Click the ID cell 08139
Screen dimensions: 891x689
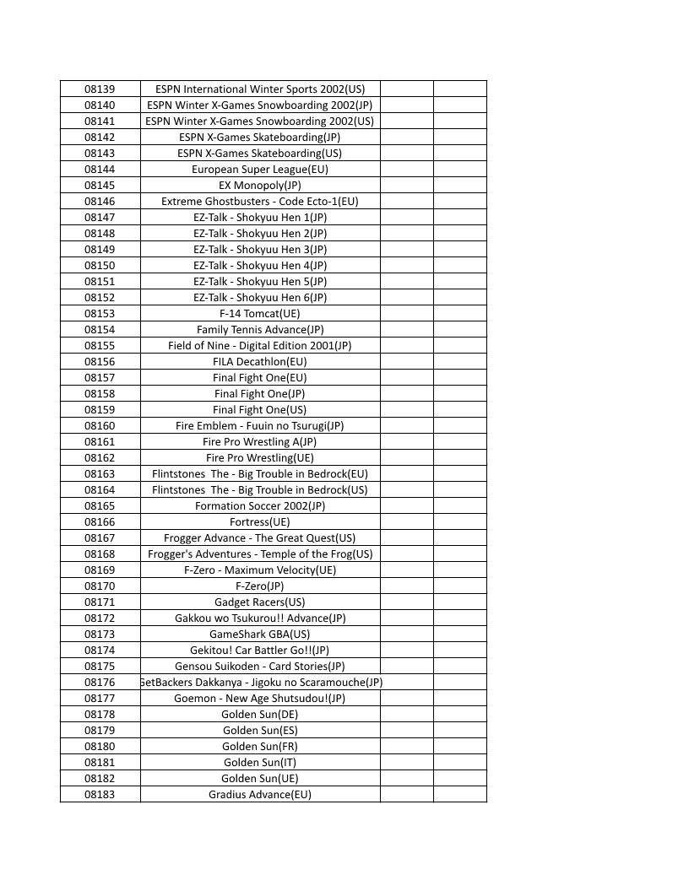pos(100,89)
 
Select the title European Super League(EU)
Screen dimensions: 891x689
pos(260,169)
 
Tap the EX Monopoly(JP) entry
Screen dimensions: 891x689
pos(260,185)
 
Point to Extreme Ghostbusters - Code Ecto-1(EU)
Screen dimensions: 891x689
pos(260,201)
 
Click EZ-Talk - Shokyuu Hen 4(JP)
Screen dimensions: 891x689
pos(260,265)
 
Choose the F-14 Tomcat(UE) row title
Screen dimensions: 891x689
pos(260,313)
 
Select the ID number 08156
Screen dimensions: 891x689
pos(100,361)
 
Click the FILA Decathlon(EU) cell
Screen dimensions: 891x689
pos(260,361)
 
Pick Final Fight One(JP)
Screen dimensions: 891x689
pos(260,393)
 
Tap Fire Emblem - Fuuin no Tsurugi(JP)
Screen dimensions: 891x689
pos(260,425)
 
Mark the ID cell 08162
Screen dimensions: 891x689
pos(100,457)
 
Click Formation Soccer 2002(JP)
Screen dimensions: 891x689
pos(260,505)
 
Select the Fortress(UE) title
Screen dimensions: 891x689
pos(260,521)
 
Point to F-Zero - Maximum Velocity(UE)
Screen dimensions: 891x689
pos(260,570)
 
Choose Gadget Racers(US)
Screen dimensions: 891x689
pos(260,602)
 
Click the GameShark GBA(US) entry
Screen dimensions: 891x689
pos(260,634)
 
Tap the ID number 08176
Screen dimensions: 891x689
pos(100,682)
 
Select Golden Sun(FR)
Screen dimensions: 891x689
pos(260,746)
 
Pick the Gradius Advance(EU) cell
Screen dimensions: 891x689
pos(260,794)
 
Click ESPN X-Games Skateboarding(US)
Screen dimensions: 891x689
pos(260,153)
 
